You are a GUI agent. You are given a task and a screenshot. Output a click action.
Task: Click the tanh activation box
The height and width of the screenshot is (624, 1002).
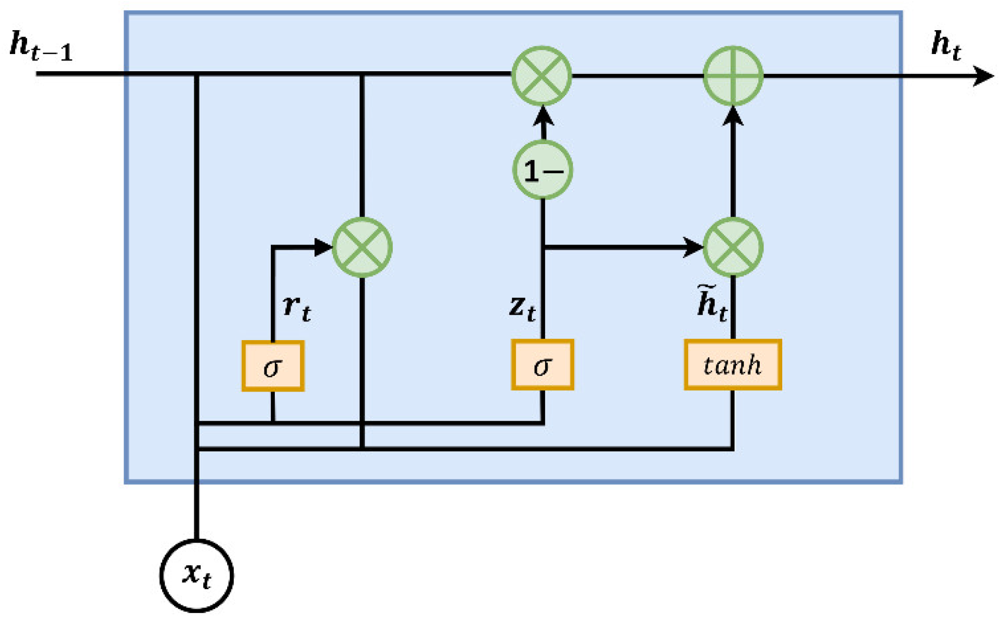pos(733,365)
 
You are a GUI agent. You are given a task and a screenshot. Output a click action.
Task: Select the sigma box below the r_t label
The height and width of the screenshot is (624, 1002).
pos(273,366)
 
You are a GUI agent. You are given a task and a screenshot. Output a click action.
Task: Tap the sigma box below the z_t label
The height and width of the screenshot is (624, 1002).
pos(543,365)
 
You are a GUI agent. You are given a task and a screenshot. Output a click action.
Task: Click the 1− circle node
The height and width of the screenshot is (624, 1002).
pos(543,170)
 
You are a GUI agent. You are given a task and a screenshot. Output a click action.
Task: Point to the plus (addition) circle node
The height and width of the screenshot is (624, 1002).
pos(733,76)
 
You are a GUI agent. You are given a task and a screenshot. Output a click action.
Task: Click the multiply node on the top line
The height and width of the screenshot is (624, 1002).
pos(542,76)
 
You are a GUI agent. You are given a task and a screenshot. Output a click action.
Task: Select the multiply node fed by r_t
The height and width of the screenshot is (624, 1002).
pos(362,247)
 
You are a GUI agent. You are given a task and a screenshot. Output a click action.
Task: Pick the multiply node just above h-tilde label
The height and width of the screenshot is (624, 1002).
pos(733,247)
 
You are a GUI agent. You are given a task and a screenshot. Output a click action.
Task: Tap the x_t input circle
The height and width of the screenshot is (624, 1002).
pos(196,576)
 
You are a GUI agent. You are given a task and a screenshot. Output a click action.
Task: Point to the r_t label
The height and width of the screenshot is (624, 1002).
pos(297,308)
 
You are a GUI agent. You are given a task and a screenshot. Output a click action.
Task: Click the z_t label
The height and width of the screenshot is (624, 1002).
pos(522,308)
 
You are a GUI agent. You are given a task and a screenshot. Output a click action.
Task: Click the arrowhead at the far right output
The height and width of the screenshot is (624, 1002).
pos(983,76)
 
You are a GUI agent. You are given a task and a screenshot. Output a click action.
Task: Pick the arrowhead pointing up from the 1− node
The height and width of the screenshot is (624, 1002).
pos(543,115)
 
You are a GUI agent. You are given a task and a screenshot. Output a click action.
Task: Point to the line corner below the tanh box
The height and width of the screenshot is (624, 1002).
pos(733,448)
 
